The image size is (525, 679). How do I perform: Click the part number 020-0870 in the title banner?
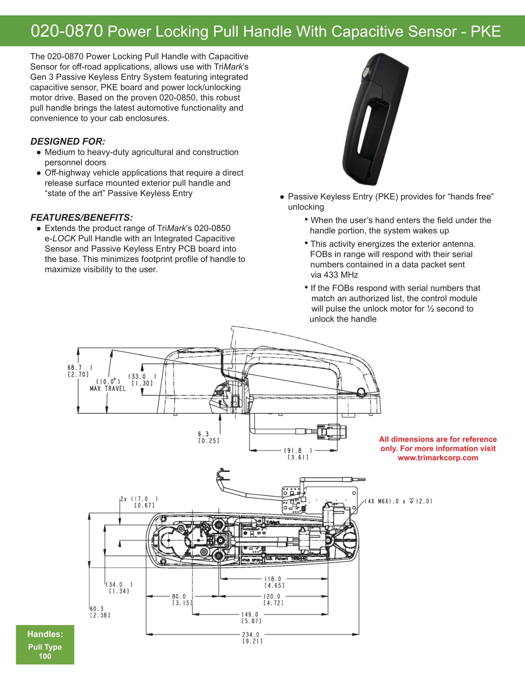click(66, 31)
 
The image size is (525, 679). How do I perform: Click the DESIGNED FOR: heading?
click(68, 141)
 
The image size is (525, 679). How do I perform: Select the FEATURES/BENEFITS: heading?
click(81, 217)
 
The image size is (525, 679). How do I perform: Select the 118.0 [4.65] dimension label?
click(274, 582)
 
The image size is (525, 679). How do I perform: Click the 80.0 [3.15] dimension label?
click(179, 599)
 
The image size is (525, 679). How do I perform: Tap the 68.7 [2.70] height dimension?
click(78, 371)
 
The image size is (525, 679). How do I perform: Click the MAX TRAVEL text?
click(108, 389)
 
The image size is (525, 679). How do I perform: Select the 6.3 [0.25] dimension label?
click(208, 437)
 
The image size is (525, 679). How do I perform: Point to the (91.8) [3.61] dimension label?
click(298, 454)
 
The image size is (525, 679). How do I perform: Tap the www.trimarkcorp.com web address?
click(437, 458)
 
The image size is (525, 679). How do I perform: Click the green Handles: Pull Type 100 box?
click(45, 645)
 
